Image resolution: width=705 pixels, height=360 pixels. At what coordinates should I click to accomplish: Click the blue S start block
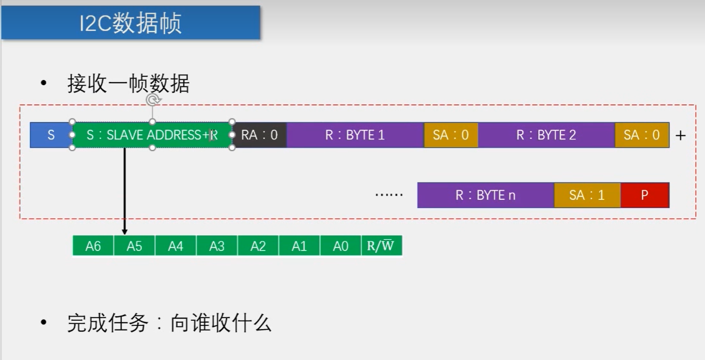(51, 135)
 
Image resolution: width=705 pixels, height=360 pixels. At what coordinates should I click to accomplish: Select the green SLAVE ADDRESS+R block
(152, 135)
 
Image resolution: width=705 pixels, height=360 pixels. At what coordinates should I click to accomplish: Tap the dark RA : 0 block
(259, 135)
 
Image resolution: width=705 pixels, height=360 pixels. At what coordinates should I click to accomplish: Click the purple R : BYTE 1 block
(355, 135)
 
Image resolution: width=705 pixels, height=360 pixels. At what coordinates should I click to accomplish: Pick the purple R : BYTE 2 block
(546, 135)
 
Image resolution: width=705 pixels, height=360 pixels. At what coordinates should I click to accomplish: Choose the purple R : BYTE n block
(485, 195)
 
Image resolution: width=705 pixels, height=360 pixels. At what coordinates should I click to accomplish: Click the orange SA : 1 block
(587, 195)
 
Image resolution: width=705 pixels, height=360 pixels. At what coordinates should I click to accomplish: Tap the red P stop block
(645, 195)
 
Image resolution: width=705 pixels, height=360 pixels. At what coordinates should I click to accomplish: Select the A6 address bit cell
(93, 246)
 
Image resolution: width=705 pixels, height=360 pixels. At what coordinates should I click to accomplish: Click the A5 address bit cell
(134, 246)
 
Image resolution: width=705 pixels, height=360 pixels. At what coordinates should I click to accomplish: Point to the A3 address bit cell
(217, 246)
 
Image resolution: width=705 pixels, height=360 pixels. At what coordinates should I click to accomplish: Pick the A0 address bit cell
(341, 246)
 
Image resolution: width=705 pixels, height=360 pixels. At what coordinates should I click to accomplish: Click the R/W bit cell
(381, 246)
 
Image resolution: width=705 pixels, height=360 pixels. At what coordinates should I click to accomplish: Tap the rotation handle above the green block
(153, 100)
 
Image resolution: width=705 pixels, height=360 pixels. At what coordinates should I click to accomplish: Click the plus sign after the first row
(681, 136)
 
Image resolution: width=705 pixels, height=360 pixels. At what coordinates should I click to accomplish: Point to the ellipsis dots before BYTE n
(388, 195)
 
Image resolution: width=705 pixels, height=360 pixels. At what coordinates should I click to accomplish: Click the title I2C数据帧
(130, 24)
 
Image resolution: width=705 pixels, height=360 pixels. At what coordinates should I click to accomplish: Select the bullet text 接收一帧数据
(128, 84)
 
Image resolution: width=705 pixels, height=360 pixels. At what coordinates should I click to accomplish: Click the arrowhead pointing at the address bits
(124, 231)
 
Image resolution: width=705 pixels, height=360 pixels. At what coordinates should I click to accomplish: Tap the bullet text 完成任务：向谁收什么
(169, 323)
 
